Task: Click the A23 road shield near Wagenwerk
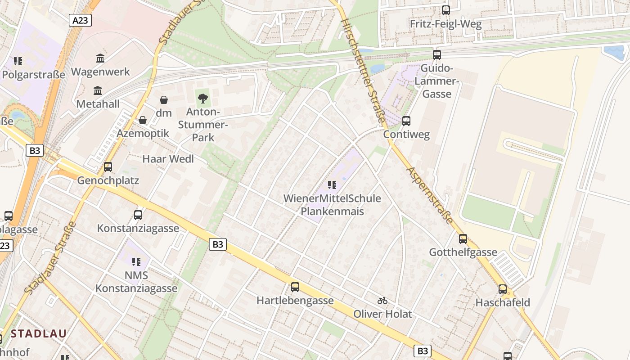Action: point(81,20)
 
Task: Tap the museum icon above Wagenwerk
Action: point(100,58)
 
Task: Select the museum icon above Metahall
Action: point(98,91)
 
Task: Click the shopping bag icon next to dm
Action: point(164,100)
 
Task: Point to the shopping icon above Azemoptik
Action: point(143,120)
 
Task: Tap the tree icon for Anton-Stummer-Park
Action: point(203,98)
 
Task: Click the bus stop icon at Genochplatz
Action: point(108,167)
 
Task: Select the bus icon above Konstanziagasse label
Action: point(138,215)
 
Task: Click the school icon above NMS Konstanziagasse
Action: point(136,261)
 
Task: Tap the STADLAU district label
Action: point(39,333)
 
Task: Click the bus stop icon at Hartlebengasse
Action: point(295,287)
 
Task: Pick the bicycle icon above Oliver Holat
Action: point(382,301)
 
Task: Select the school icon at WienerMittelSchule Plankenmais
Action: point(332,184)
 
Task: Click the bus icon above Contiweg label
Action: point(406,121)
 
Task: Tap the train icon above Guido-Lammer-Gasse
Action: point(437,55)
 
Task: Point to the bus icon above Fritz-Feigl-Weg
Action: point(446,10)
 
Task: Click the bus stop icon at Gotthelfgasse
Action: point(463,239)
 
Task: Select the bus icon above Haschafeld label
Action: point(503,289)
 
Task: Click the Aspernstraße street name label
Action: point(430,195)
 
